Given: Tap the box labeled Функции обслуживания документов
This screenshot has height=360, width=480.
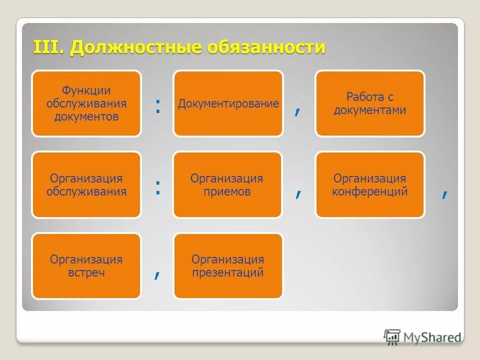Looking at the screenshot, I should click(86, 103).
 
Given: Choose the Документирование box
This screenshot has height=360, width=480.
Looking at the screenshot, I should click(228, 103).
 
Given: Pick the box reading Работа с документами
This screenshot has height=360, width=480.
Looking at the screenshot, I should click(369, 103).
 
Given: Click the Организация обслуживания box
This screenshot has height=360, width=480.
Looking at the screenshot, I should click(86, 185).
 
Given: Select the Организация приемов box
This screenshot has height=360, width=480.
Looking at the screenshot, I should click(227, 185).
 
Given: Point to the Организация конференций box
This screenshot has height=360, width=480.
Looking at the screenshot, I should click(369, 185).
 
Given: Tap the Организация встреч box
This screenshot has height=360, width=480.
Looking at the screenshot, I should click(86, 266).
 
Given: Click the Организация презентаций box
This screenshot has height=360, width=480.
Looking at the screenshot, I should click(227, 266).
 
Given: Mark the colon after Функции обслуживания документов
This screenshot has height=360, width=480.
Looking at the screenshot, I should click(157, 105).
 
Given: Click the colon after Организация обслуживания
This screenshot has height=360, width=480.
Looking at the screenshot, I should click(157, 187).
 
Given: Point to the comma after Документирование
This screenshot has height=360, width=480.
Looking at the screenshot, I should click(298, 112).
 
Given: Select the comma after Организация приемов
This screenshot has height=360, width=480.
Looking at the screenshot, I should click(298, 193).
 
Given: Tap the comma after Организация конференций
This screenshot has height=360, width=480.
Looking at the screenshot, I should click(444, 193).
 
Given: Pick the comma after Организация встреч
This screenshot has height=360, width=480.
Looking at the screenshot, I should click(157, 274).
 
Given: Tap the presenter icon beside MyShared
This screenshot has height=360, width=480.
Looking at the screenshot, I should click(392, 337).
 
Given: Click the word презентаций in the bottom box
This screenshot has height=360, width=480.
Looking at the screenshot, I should click(227, 273).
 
